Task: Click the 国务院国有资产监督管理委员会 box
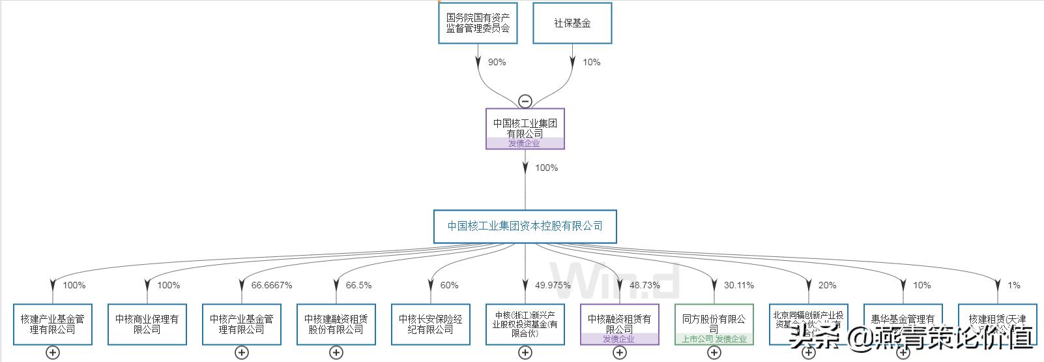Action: (x=478, y=23)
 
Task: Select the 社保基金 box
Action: (x=572, y=23)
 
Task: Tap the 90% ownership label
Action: (x=497, y=62)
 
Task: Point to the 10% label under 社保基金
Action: (x=591, y=62)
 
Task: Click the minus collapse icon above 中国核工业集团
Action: (x=525, y=101)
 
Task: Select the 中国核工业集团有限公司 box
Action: (x=525, y=128)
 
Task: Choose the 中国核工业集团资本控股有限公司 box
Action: (x=525, y=226)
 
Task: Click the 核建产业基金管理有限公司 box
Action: (x=53, y=324)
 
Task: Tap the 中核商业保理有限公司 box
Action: (x=147, y=324)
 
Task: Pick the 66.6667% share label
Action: (x=271, y=285)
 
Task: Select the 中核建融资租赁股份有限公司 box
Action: (x=336, y=324)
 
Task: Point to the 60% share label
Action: (x=449, y=285)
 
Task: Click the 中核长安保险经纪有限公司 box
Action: (x=431, y=324)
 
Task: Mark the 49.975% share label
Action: (x=553, y=285)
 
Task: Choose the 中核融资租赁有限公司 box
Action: (x=620, y=324)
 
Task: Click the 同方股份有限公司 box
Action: (x=714, y=324)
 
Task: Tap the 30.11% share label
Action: (x=738, y=285)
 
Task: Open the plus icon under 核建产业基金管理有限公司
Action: (x=53, y=353)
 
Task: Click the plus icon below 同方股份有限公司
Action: (x=714, y=353)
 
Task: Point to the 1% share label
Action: (x=1013, y=285)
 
